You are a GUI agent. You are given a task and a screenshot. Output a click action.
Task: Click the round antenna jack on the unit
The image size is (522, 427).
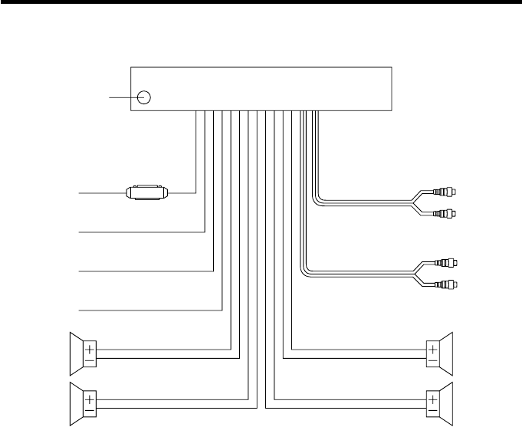(x=143, y=97)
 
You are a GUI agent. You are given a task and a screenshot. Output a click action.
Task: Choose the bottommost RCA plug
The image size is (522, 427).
(x=447, y=284)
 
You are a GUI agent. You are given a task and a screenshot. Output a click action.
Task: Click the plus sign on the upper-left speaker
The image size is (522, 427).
(x=90, y=346)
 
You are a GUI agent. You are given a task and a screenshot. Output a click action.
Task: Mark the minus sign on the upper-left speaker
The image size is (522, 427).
(x=90, y=358)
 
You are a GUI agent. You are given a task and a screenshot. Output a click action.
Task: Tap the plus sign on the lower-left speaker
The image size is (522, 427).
(x=90, y=399)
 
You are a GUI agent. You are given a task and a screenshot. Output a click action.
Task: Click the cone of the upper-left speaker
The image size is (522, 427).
(x=76, y=352)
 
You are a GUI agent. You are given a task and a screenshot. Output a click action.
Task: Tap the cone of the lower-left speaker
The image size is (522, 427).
(x=76, y=405)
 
